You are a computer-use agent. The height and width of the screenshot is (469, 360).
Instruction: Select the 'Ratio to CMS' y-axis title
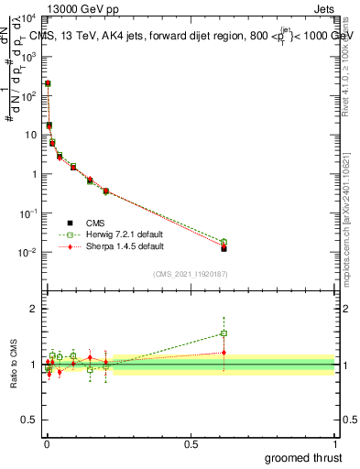[13, 365]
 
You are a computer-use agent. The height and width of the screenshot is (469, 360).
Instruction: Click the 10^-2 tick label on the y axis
[27, 252]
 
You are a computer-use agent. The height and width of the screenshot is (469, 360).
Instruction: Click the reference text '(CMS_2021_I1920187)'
[190, 274]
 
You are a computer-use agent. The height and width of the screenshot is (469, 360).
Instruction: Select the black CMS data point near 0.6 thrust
[224, 248]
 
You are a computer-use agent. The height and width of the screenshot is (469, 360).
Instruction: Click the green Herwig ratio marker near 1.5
[224, 333]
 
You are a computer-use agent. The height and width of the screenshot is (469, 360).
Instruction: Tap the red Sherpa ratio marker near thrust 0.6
[224, 353]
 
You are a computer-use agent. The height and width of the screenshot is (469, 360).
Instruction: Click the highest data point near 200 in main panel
[48, 83]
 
